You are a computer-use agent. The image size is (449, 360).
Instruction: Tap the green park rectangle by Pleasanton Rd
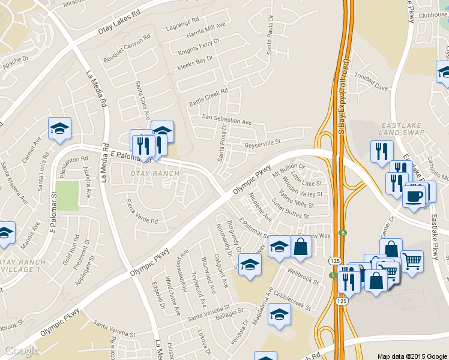click(x=68, y=196)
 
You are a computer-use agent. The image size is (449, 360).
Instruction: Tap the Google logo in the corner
click(x=22, y=350)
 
